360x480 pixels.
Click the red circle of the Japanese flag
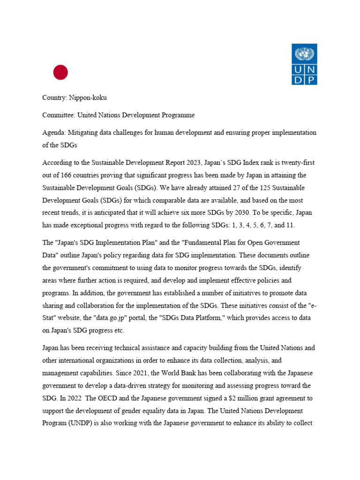coord(60,72)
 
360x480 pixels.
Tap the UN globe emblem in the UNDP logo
coord(304,54)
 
